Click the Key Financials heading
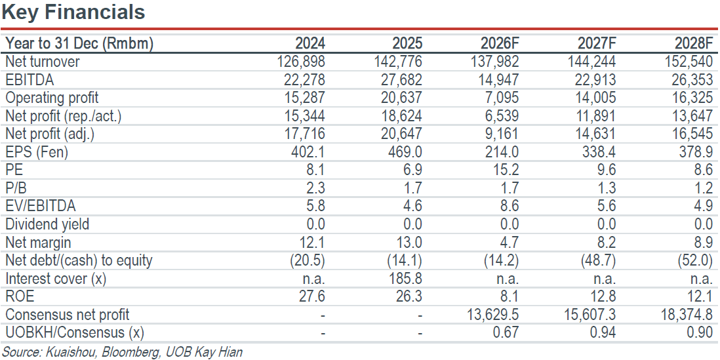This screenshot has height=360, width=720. point(73,12)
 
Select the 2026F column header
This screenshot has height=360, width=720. point(500,44)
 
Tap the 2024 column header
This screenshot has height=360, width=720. point(310,44)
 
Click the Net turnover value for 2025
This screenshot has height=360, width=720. point(399,62)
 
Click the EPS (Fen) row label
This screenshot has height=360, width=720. point(36,152)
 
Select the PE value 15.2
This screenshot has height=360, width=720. point(506,170)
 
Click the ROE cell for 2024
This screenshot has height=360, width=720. point(312,297)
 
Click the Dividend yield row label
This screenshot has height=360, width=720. point(47,224)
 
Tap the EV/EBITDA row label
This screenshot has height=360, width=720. point(40,206)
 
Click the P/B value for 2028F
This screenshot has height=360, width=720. point(704,188)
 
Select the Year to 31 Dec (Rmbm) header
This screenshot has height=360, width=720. point(79,44)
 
